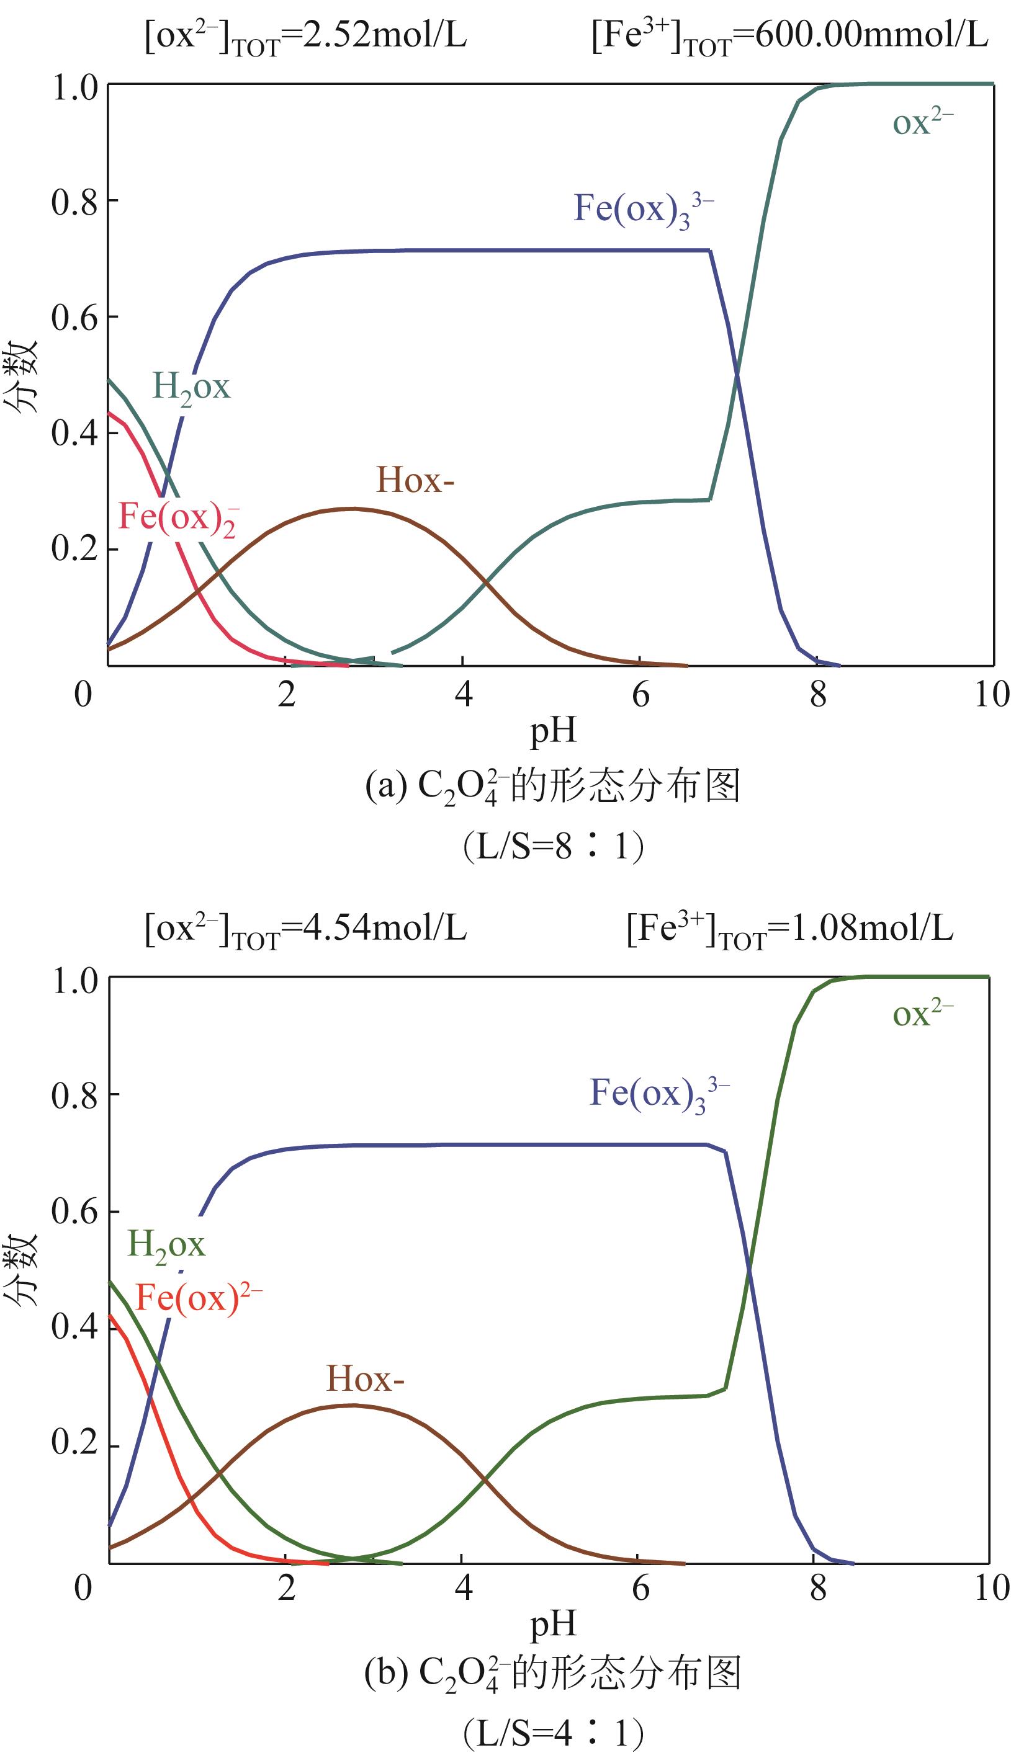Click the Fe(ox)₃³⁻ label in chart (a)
click(643, 209)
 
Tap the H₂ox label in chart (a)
click(191, 386)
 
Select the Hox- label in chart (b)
click(365, 1378)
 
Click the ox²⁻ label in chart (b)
click(922, 1014)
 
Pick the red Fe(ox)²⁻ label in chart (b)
click(198, 1296)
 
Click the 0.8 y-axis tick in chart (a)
click(74, 201)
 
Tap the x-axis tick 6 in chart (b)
click(640, 1587)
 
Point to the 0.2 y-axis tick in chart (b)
click(74, 1442)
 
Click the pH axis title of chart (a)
click(554, 731)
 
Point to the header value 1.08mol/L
click(872, 928)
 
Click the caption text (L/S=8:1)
click(554, 847)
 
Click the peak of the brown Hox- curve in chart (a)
click(353, 509)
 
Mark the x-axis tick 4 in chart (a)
click(463, 694)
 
